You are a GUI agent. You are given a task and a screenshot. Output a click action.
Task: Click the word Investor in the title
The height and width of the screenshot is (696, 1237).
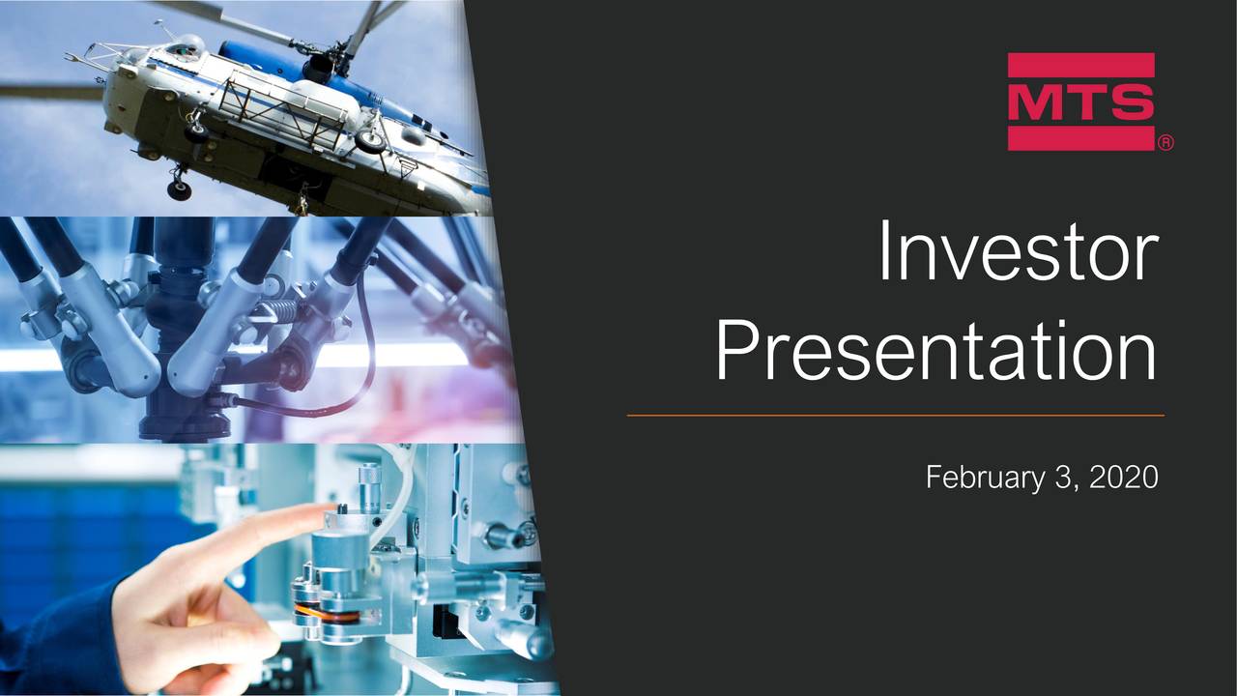click(x=1019, y=250)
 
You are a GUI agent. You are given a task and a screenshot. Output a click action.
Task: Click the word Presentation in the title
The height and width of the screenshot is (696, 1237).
click(x=936, y=350)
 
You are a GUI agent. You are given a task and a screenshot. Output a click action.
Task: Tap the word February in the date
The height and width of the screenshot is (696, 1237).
click(x=985, y=477)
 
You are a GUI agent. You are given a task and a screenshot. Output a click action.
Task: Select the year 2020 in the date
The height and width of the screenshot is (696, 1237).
click(x=1124, y=477)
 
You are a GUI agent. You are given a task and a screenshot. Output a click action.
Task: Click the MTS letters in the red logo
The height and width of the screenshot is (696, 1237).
click(x=1080, y=102)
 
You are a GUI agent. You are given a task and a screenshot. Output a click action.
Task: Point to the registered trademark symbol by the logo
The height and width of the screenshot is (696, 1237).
click(x=1165, y=143)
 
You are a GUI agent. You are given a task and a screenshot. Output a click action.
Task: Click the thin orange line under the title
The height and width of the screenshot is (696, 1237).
click(x=896, y=415)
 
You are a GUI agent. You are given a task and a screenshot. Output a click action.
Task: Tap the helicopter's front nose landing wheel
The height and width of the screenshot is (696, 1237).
click(x=180, y=189)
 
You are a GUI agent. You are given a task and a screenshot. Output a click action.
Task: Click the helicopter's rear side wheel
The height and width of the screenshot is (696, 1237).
click(x=370, y=140)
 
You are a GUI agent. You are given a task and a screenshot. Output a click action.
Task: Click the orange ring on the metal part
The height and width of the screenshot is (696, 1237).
click(x=327, y=612)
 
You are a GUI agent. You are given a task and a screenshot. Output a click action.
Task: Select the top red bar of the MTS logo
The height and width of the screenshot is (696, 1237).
click(x=1080, y=65)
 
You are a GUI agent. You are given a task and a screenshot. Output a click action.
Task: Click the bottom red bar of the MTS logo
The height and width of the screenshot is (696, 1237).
click(x=1080, y=138)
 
